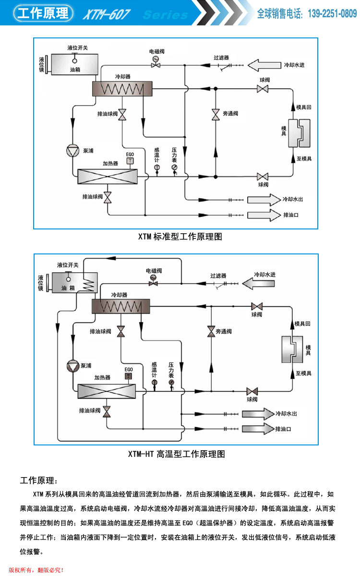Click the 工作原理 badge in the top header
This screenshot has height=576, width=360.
coord(43,13)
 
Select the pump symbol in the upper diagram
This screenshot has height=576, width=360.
coord(72,150)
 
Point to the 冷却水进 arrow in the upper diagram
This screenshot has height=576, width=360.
coord(264,64)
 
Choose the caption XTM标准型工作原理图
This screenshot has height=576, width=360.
coord(180,236)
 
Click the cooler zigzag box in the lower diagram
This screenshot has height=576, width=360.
coord(120,306)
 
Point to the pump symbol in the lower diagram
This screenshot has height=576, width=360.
coord(72,366)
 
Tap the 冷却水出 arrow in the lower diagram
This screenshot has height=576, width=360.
coord(257,413)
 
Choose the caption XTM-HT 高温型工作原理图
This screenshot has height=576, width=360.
coord(176,454)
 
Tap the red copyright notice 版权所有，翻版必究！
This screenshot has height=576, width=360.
coord(36,570)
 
